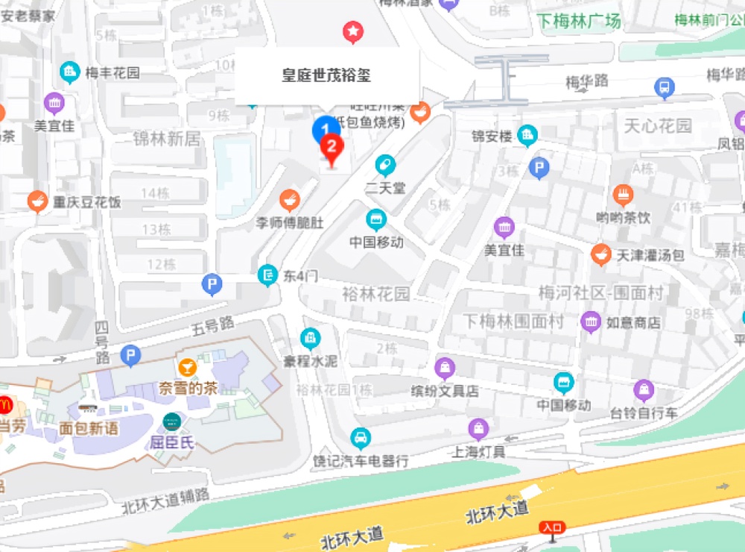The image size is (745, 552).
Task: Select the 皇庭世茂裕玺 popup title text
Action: [326, 75]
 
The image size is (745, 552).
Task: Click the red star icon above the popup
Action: [352, 31]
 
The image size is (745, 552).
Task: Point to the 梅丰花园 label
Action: [112, 73]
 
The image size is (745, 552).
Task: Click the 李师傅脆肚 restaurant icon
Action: [289, 200]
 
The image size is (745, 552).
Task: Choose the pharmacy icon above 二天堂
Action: [385, 165]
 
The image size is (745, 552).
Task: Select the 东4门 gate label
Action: [300, 276]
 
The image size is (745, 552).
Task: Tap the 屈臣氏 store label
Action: [172, 442]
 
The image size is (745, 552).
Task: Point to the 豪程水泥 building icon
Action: [310, 339]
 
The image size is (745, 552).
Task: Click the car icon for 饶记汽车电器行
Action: [361, 437]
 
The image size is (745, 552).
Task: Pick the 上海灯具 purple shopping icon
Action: [478, 429]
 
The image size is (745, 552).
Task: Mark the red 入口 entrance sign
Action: [552, 528]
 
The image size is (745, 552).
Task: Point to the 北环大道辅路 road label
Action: [166, 501]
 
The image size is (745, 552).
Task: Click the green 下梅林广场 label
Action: [579, 22]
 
